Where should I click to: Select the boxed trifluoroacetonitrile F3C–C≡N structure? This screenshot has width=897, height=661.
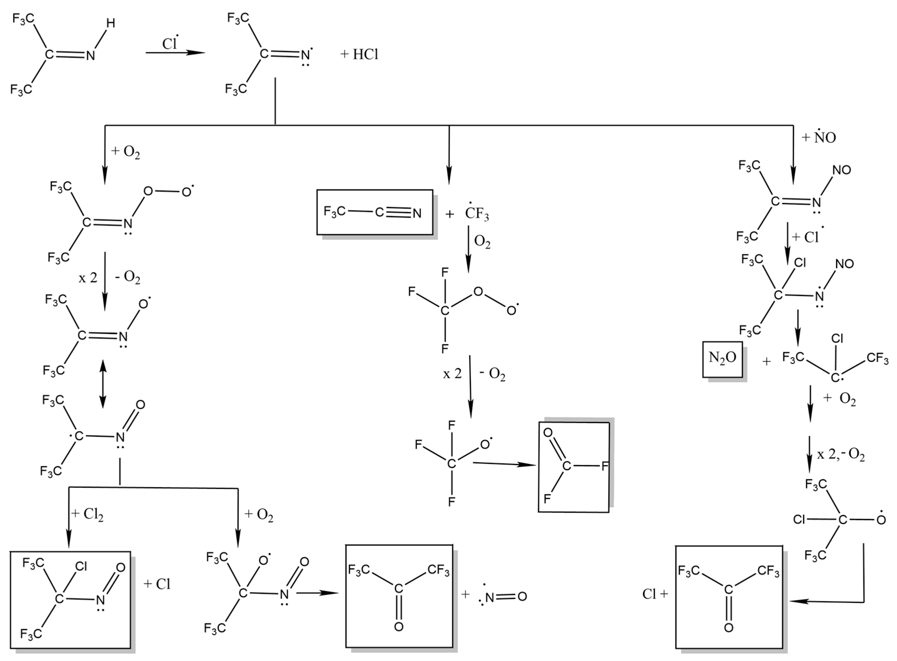tap(374, 212)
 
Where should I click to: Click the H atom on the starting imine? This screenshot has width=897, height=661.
tap(110, 24)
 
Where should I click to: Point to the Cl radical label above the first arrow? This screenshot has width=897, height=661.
tap(170, 43)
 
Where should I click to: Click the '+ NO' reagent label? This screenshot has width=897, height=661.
tap(819, 137)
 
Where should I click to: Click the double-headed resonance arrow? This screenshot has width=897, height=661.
tap(103, 383)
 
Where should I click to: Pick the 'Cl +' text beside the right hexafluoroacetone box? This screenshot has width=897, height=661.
tap(655, 594)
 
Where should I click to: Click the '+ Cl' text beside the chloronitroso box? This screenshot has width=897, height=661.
tap(157, 584)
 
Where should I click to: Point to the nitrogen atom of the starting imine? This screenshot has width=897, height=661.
tap(91, 56)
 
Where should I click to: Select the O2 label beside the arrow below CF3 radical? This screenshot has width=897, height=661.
tap(482, 242)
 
